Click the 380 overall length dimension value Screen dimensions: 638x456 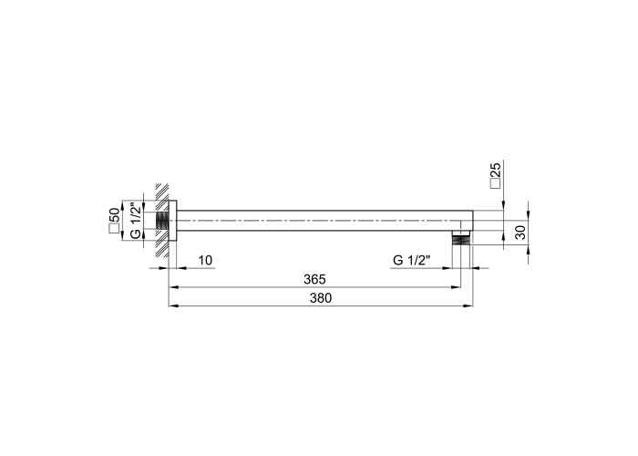[321, 298]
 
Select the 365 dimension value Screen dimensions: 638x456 [315, 279]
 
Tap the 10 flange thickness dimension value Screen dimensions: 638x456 [206, 260]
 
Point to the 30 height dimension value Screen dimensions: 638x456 [520, 233]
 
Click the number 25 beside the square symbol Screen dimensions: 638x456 [496, 169]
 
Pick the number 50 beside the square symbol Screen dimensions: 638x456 [114, 215]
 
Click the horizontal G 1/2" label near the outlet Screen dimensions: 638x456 [411, 260]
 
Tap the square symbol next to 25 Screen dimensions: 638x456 [496, 183]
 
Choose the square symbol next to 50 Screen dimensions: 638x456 [114, 229]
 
